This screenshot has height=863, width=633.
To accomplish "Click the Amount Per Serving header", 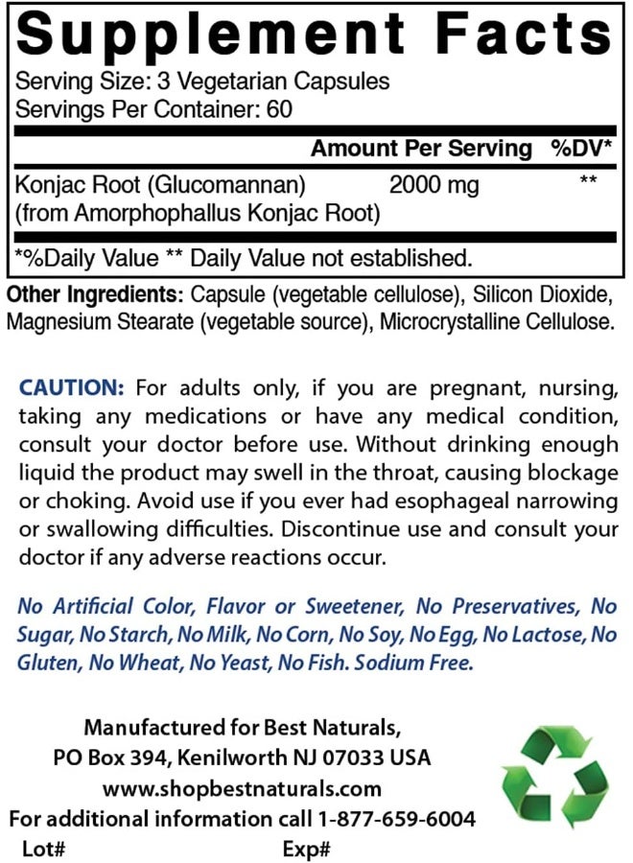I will (421, 148).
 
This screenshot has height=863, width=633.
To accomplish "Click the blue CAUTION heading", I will (72, 387).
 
